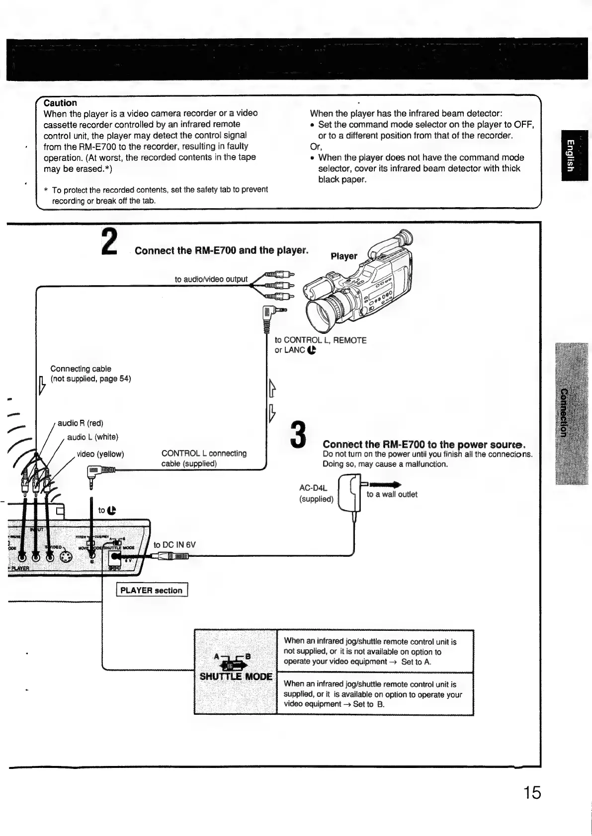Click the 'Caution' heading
tap(60, 103)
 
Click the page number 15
tap(531, 792)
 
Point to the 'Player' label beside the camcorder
tap(344, 256)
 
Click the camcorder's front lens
tap(323, 312)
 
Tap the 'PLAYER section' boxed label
tap(151, 591)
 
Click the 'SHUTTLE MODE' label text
tap(236, 677)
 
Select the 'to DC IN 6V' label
tap(174, 545)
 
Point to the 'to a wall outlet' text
tap(392, 494)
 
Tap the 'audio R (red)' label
tap(81, 423)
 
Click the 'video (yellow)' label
tap(100, 454)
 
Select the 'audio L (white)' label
tap(92, 437)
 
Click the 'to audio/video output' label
tap(211, 279)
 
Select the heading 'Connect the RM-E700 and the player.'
tap(221, 250)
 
